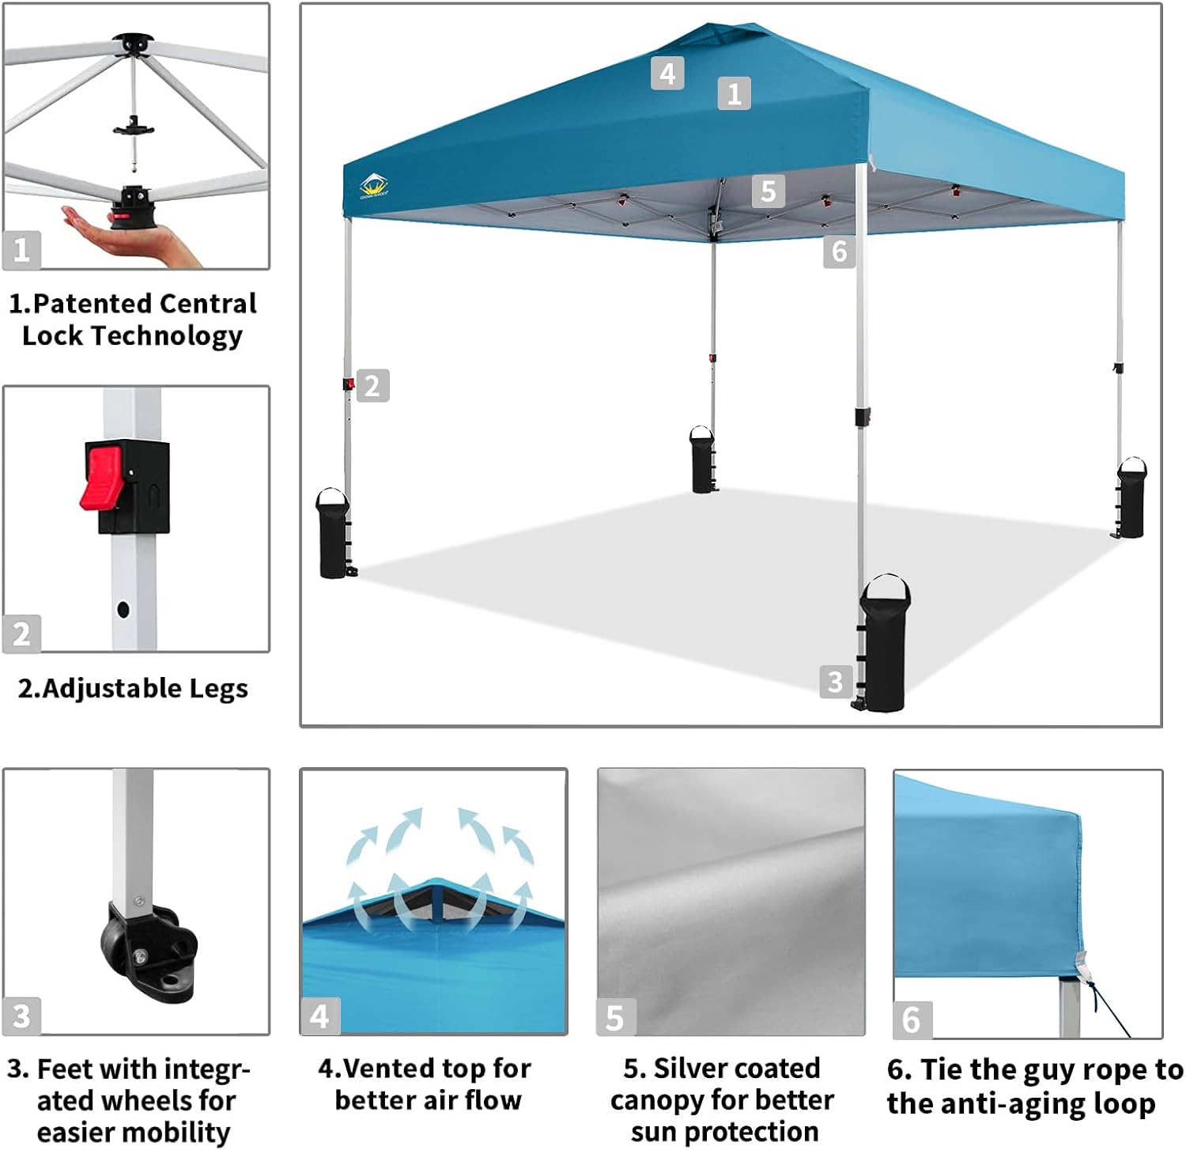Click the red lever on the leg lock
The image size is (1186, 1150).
[101, 478]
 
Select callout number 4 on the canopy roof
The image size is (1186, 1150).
[667, 74]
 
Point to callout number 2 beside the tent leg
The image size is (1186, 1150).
[372, 386]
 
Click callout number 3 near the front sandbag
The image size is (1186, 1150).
[836, 681]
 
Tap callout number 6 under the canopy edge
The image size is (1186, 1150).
[839, 252]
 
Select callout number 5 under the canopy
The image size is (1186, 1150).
[768, 191]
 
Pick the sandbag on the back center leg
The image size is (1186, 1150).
[702, 460]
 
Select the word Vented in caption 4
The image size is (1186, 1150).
[375, 1069]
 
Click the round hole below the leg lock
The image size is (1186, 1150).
[123, 609]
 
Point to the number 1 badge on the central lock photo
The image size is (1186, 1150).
[21, 250]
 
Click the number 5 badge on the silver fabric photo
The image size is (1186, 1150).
[615, 1018]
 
